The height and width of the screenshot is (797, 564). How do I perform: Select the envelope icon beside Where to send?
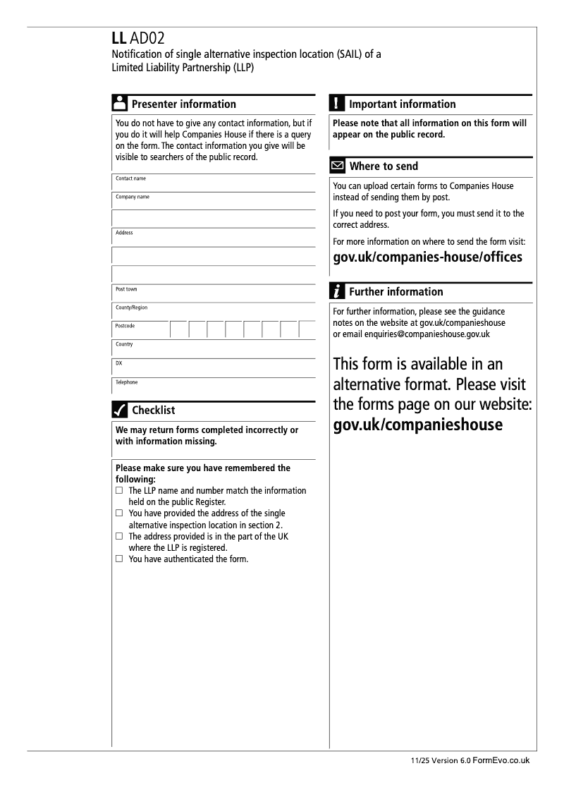coord(338,166)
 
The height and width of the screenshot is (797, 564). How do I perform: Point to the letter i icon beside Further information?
coord(338,291)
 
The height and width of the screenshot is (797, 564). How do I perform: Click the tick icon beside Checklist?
coord(120,410)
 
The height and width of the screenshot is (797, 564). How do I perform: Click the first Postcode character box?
coord(178,330)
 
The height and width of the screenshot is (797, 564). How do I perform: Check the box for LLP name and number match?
coord(119,490)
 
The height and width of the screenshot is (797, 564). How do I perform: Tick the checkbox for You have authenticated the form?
coord(119,559)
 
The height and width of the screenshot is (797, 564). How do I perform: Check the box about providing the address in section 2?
coord(119,513)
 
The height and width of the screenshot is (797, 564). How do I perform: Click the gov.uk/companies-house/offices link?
coord(427,257)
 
